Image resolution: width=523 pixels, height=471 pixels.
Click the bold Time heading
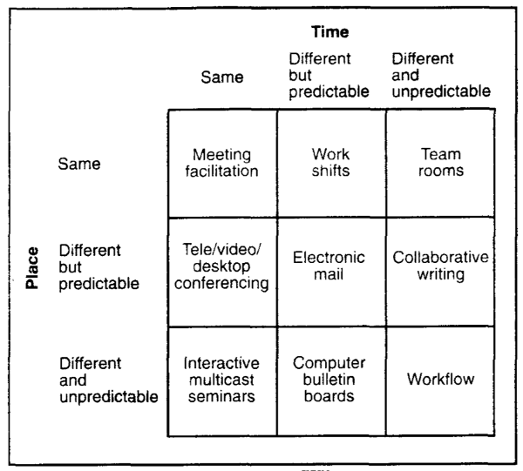330,32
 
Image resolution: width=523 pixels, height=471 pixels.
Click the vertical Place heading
32,268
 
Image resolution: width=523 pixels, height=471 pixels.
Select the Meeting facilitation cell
222,164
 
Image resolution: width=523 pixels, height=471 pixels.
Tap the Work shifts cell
331,164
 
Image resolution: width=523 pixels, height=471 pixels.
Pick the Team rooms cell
440,164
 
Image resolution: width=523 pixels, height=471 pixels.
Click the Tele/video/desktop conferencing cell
222,273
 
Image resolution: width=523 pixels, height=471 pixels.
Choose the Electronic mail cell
331,273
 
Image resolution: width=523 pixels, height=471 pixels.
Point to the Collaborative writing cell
440,273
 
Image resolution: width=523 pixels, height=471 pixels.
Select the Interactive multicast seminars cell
222,381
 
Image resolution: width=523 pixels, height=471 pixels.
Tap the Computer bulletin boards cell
331,381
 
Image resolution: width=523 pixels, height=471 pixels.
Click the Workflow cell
440,381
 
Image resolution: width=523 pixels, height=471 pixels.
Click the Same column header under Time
222,77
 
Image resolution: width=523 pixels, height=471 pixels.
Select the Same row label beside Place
79,164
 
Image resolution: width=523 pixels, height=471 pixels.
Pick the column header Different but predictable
329,75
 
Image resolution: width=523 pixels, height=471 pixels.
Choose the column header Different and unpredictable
441,75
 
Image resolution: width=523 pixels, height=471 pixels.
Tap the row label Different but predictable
99,267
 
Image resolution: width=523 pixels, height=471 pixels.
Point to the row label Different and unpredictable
109,380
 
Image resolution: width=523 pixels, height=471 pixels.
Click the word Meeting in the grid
221,155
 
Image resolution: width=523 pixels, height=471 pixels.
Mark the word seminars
221,396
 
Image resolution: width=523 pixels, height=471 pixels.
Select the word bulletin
329,380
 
